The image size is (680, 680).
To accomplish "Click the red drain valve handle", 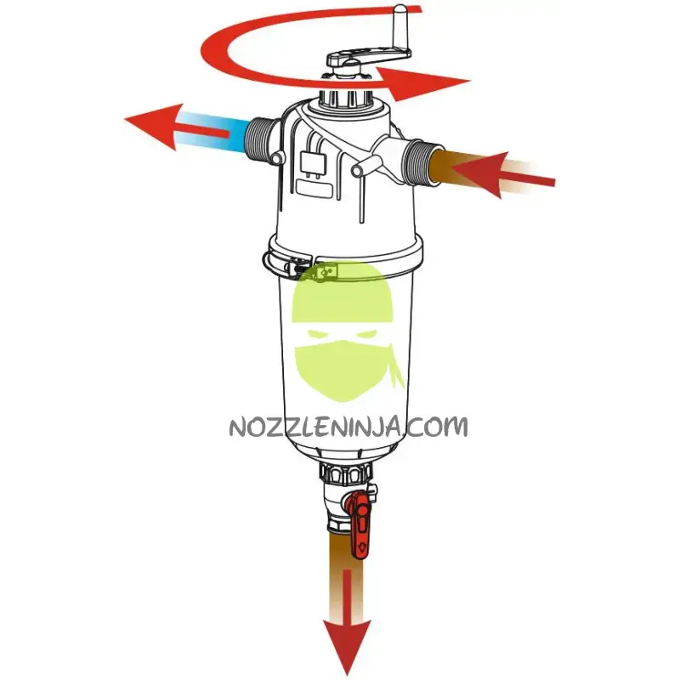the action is [359, 524].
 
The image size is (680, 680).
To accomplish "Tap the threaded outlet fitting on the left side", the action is [259, 139].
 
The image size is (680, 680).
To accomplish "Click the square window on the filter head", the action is [313, 163].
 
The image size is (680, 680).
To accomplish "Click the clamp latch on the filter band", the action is [292, 264].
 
